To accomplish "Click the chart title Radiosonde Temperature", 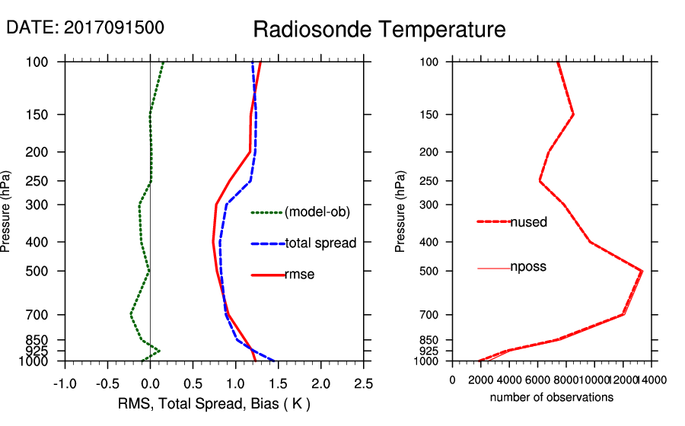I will [x=379, y=30].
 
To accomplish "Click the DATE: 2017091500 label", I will [x=85, y=27].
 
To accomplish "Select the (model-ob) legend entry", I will [x=317, y=212].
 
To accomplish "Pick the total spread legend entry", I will [x=320, y=243].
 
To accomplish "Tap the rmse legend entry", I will [x=299, y=275].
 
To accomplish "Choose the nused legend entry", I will [x=528, y=222].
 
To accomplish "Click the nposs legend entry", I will [x=528, y=267].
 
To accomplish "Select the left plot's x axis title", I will [x=215, y=403].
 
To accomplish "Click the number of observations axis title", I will [x=552, y=398].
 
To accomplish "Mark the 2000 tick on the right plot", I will [x=481, y=380].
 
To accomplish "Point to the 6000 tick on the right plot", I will [x=538, y=380].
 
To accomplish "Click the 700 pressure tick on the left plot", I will [x=46, y=314].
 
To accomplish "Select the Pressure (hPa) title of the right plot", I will [x=400, y=212].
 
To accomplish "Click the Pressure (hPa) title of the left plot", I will [x=7, y=212].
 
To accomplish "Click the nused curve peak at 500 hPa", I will [x=642, y=271].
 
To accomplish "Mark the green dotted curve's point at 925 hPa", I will [x=159, y=351].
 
